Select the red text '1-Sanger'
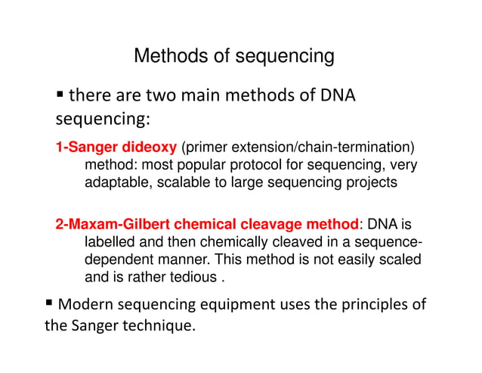coord(84,146)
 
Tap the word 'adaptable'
coord(116,183)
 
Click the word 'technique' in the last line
coord(158,327)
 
